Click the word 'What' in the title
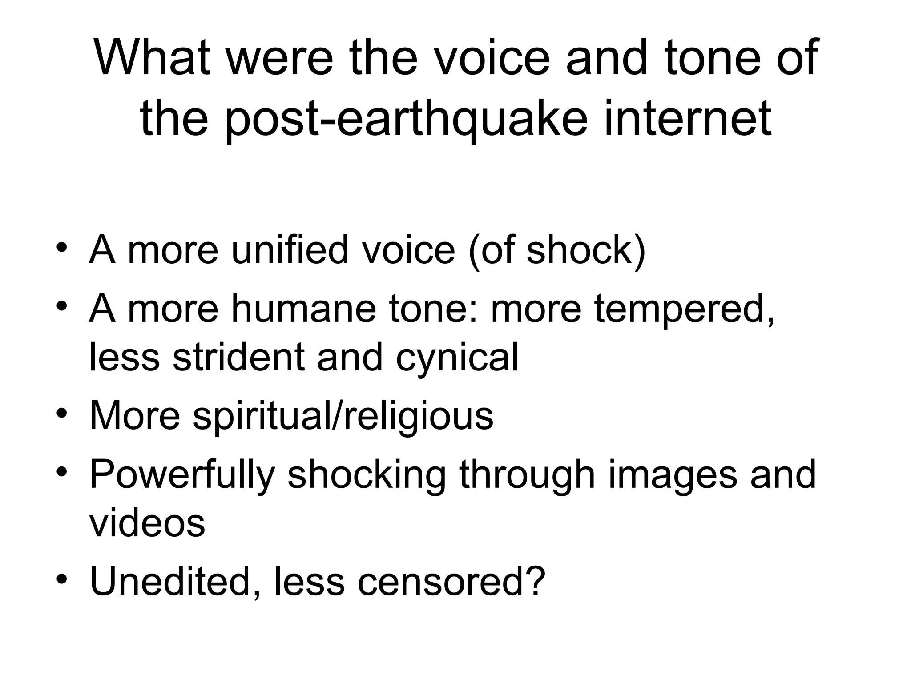coord(152,58)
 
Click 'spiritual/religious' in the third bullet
coord(343,417)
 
